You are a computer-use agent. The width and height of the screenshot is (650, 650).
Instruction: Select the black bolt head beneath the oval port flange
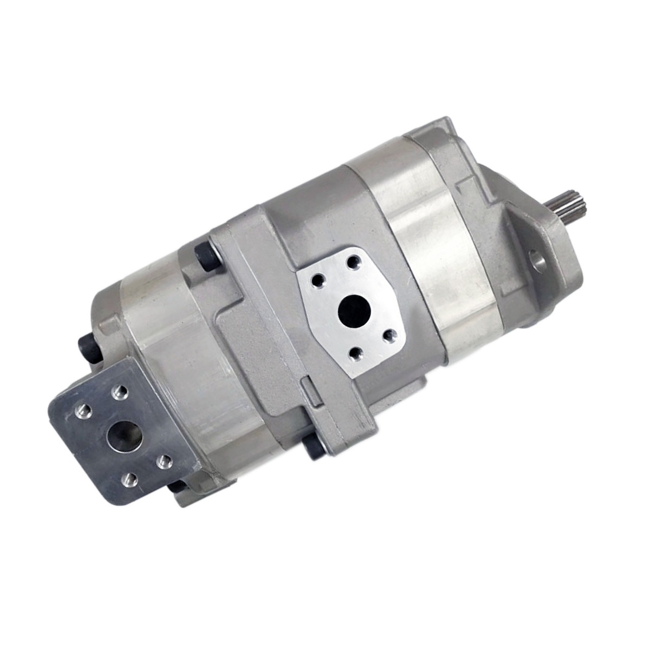tap(314, 447)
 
